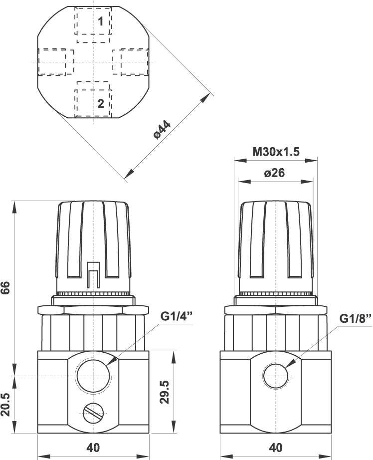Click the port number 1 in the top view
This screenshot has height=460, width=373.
pos(101,21)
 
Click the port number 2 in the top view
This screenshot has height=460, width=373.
pos(101,103)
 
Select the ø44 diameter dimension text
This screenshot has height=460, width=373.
pos(162,130)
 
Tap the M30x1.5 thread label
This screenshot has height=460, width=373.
pos(276,152)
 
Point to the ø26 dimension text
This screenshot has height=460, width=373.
pos(274,173)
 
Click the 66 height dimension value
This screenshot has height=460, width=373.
pos(6,288)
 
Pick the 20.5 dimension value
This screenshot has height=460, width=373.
pos(6,404)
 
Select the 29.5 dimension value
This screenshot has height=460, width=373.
pos(165,392)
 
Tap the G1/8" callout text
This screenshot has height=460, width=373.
pos(356,319)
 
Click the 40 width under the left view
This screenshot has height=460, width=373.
pos(93,448)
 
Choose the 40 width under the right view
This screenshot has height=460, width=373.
pos(276,448)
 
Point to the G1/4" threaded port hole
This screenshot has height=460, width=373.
pos(94,376)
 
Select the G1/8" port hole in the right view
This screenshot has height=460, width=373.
pos(276,376)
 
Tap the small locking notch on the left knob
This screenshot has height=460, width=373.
pos(93,275)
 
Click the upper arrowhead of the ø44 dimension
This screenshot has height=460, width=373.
pos(205,98)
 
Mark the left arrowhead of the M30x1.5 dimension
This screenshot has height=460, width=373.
pos(240,161)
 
